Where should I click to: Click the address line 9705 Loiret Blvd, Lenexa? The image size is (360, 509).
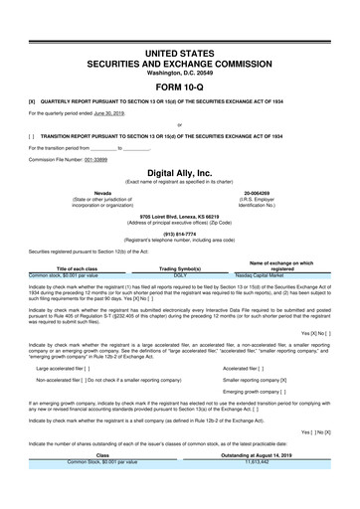(179, 215)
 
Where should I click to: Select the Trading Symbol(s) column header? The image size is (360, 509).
(180, 267)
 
